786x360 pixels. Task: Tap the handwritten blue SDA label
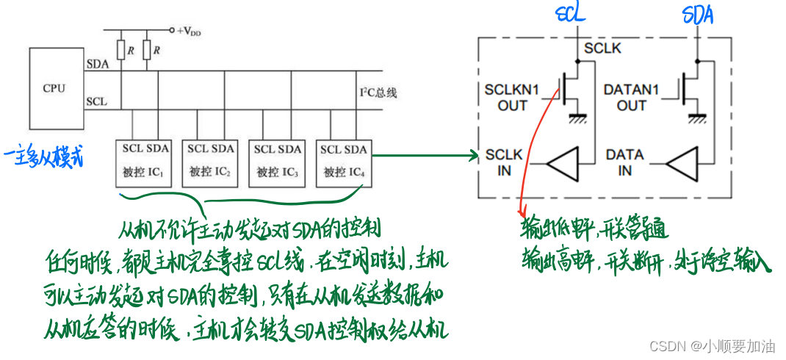(x=697, y=14)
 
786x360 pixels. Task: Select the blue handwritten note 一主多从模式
(x=44, y=157)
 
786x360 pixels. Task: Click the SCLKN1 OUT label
(x=512, y=98)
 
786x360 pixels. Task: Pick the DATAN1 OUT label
(x=632, y=98)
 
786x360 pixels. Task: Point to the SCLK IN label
(x=504, y=162)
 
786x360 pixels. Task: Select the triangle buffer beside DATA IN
(x=685, y=162)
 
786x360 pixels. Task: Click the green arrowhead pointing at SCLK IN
(x=475, y=155)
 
